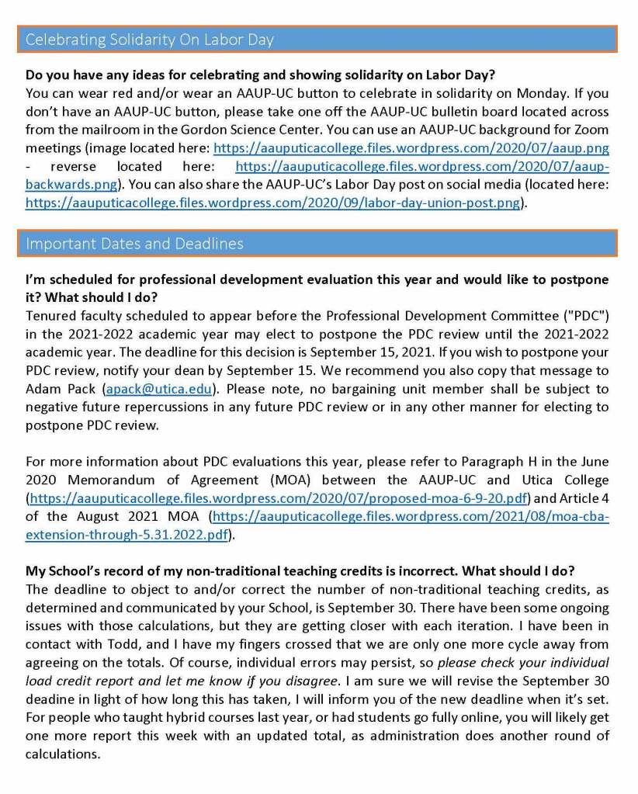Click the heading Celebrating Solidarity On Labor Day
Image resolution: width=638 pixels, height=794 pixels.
150,40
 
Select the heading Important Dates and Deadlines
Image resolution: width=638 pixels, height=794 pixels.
134,244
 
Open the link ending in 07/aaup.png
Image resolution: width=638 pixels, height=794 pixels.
411,147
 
